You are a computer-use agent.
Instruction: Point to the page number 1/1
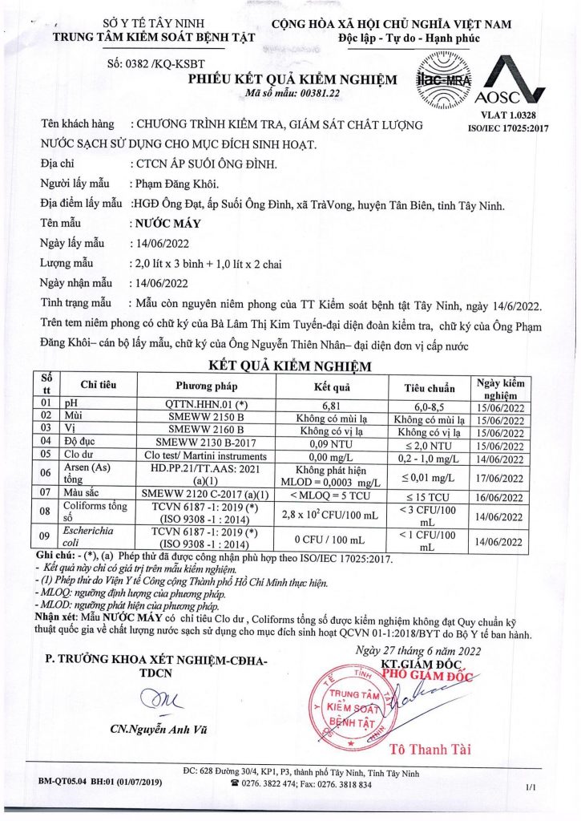531,788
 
